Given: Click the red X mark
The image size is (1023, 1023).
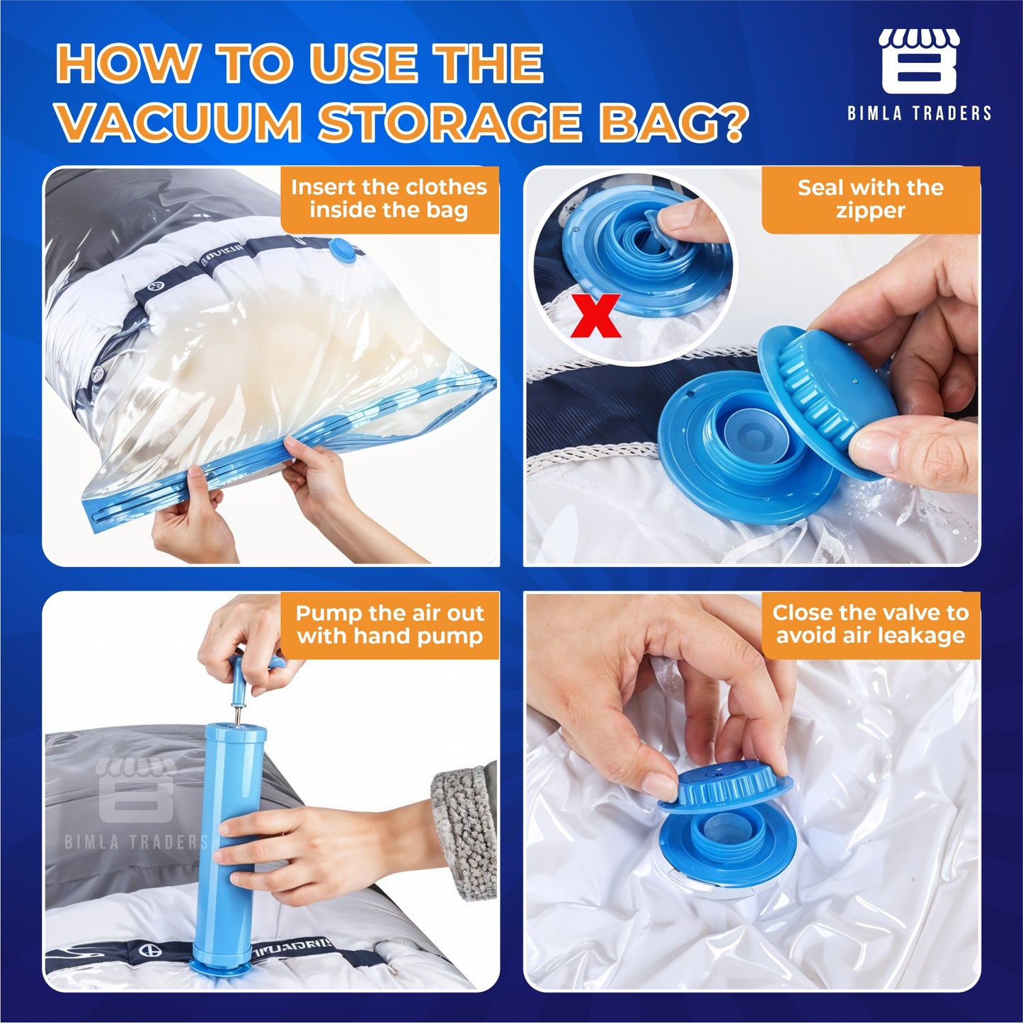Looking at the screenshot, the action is pos(595,316).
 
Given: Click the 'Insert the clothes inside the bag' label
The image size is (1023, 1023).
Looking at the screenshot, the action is pos(389,199).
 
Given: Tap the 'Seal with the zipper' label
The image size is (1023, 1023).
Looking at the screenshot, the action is pos(871,199).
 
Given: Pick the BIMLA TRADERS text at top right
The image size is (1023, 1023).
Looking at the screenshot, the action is pos(919,113).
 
